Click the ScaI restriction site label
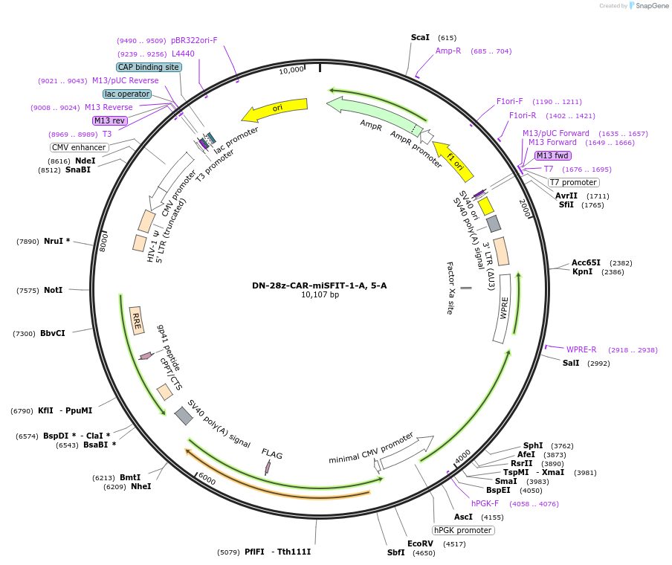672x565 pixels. pos(420,37)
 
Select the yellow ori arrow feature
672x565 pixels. pos(274,110)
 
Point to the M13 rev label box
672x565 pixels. pos(109,120)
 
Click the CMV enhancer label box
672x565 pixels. pos(80,147)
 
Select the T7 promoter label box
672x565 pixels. pos(573,182)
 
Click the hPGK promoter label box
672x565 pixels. pos(463,530)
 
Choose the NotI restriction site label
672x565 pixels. pos(53,290)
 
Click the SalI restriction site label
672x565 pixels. pos(571,363)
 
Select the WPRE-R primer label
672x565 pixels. pos(581,349)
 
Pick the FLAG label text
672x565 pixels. pos(272,453)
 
